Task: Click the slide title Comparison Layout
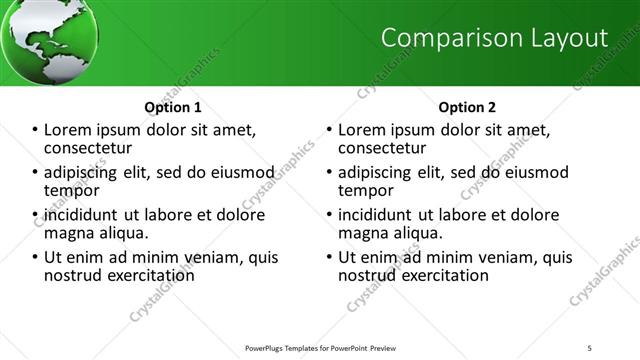point(496,38)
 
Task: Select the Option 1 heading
point(173,107)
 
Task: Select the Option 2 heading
point(466,107)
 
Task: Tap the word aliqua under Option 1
point(122,233)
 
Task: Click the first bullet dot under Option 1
point(36,130)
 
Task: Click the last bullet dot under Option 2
point(330,257)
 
